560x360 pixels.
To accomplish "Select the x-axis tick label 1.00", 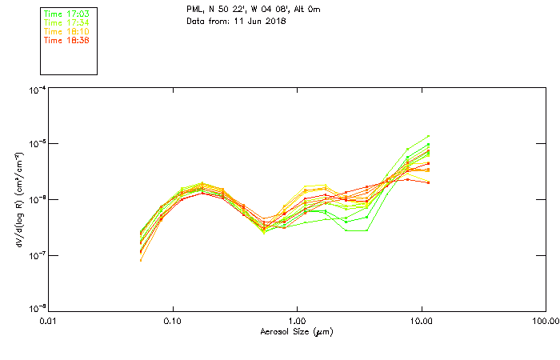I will pyautogui.click(x=297, y=321).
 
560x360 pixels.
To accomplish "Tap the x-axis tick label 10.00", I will pyautogui.click(x=421, y=321).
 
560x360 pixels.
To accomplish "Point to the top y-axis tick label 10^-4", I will pyautogui.click(x=37, y=90).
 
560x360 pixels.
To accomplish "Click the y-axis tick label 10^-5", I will pyautogui.click(x=37, y=145).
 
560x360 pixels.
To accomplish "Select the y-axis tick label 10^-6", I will pyautogui.click(x=37, y=200).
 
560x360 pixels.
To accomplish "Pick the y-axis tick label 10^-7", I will pyautogui.click(x=37, y=255).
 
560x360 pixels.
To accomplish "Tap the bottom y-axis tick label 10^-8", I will pyautogui.click(x=37, y=309).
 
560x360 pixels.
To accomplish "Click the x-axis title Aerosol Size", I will pyautogui.click(x=296, y=331).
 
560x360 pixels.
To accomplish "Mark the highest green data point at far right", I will pyautogui.click(x=429, y=136).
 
